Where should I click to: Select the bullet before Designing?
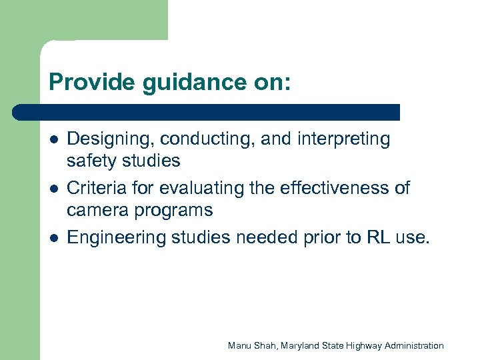pos(53,140)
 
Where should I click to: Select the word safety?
pos(91,161)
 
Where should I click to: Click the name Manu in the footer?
pos(239,345)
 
